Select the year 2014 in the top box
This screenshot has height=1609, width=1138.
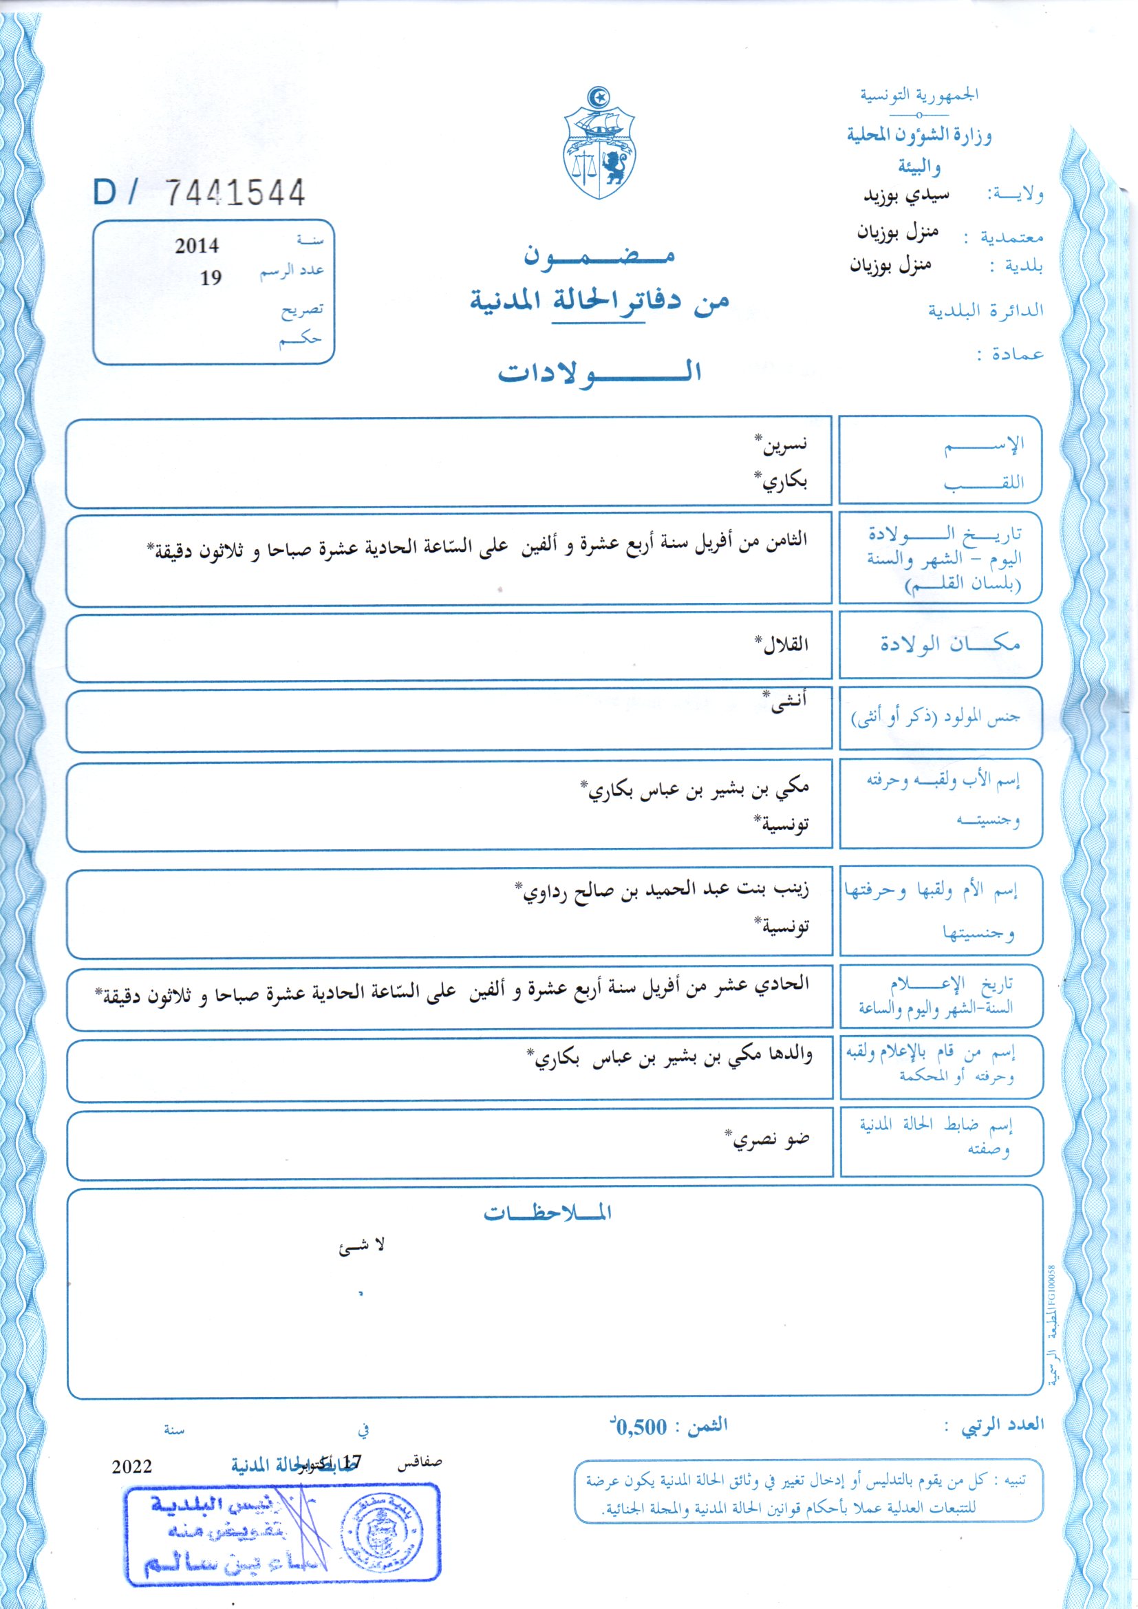pyautogui.click(x=197, y=246)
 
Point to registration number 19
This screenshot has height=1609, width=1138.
pyautogui.click(x=211, y=279)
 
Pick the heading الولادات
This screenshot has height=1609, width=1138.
pyautogui.click(x=600, y=372)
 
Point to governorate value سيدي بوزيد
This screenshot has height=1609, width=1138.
pyautogui.click(x=905, y=194)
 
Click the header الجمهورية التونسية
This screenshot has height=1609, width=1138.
pyautogui.click(x=919, y=94)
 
